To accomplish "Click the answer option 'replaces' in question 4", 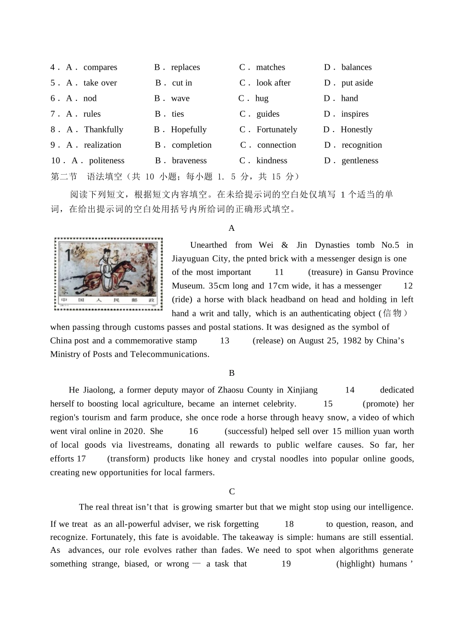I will [x=185, y=67].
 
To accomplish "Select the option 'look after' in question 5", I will [x=273, y=83].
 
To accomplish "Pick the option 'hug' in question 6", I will [x=262, y=98].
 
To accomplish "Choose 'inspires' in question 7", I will [x=355, y=114].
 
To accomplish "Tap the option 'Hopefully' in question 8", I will [x=189, y=130].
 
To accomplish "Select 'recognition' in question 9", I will [x=361, y=145].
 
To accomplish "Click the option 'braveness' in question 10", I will [x=189, y=161].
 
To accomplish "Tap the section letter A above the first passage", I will [x=232, y=228].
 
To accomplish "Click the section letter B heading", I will [x=232, y=373].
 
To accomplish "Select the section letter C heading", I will [x=232, y=491].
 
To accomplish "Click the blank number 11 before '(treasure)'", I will [x=279, y=272].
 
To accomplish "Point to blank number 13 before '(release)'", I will [x=225, y=341].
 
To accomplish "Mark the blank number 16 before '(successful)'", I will [x=193, y=431].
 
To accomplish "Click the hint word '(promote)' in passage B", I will [x=381, y=404].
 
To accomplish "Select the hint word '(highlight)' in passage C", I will [x=355, y=564].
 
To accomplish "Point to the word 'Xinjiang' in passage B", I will [x=302, y=390].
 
